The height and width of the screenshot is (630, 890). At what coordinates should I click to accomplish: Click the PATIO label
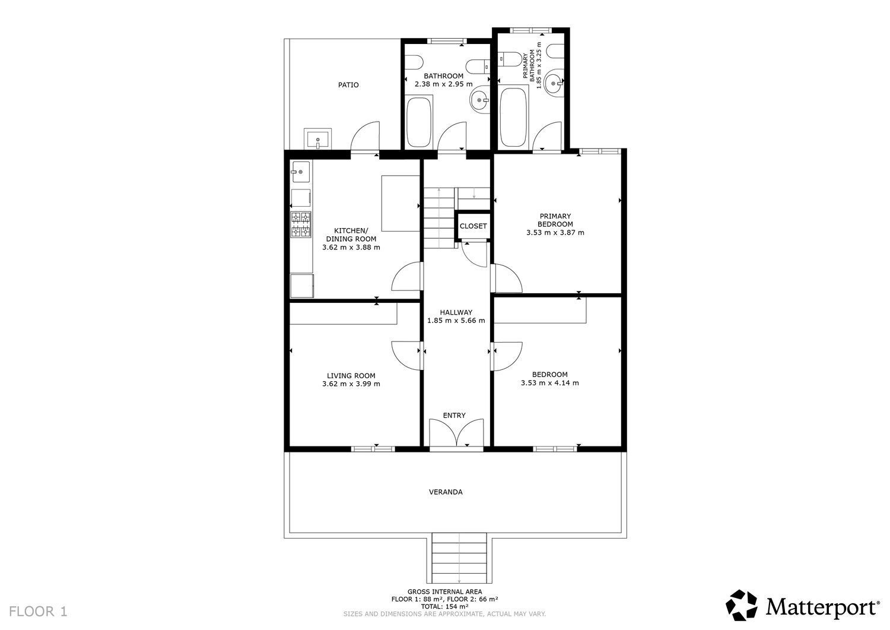[348, 85]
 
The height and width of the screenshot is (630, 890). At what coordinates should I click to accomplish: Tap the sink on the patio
[318, 140]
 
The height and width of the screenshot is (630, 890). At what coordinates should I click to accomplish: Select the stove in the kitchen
[301, 225]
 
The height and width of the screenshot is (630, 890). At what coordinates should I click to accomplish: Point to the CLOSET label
[473, 226]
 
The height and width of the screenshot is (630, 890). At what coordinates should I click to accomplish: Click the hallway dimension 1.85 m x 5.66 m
[456, 321]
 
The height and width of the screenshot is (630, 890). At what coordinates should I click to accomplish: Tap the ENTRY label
[454, 416]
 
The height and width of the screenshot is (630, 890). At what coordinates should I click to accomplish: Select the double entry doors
[456, 433]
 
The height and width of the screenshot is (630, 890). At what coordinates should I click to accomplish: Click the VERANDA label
[446, 492]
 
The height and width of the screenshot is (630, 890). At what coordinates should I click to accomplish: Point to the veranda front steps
[459, 558]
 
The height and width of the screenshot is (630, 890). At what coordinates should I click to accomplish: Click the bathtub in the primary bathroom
[514, 117]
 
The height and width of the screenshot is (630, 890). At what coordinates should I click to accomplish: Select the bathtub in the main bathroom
[419, 122]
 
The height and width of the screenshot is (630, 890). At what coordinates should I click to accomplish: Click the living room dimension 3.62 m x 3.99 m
[351, 384]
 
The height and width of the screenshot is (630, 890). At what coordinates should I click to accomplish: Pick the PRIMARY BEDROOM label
[555, 220]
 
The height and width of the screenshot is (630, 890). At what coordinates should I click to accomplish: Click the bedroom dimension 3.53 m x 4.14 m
[549, 383]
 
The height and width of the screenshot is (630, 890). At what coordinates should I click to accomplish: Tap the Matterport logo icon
[742, 606]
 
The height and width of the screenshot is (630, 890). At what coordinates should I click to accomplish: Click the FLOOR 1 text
[39, 611]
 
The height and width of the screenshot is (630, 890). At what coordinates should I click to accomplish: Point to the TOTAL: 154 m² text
[444, 606]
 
